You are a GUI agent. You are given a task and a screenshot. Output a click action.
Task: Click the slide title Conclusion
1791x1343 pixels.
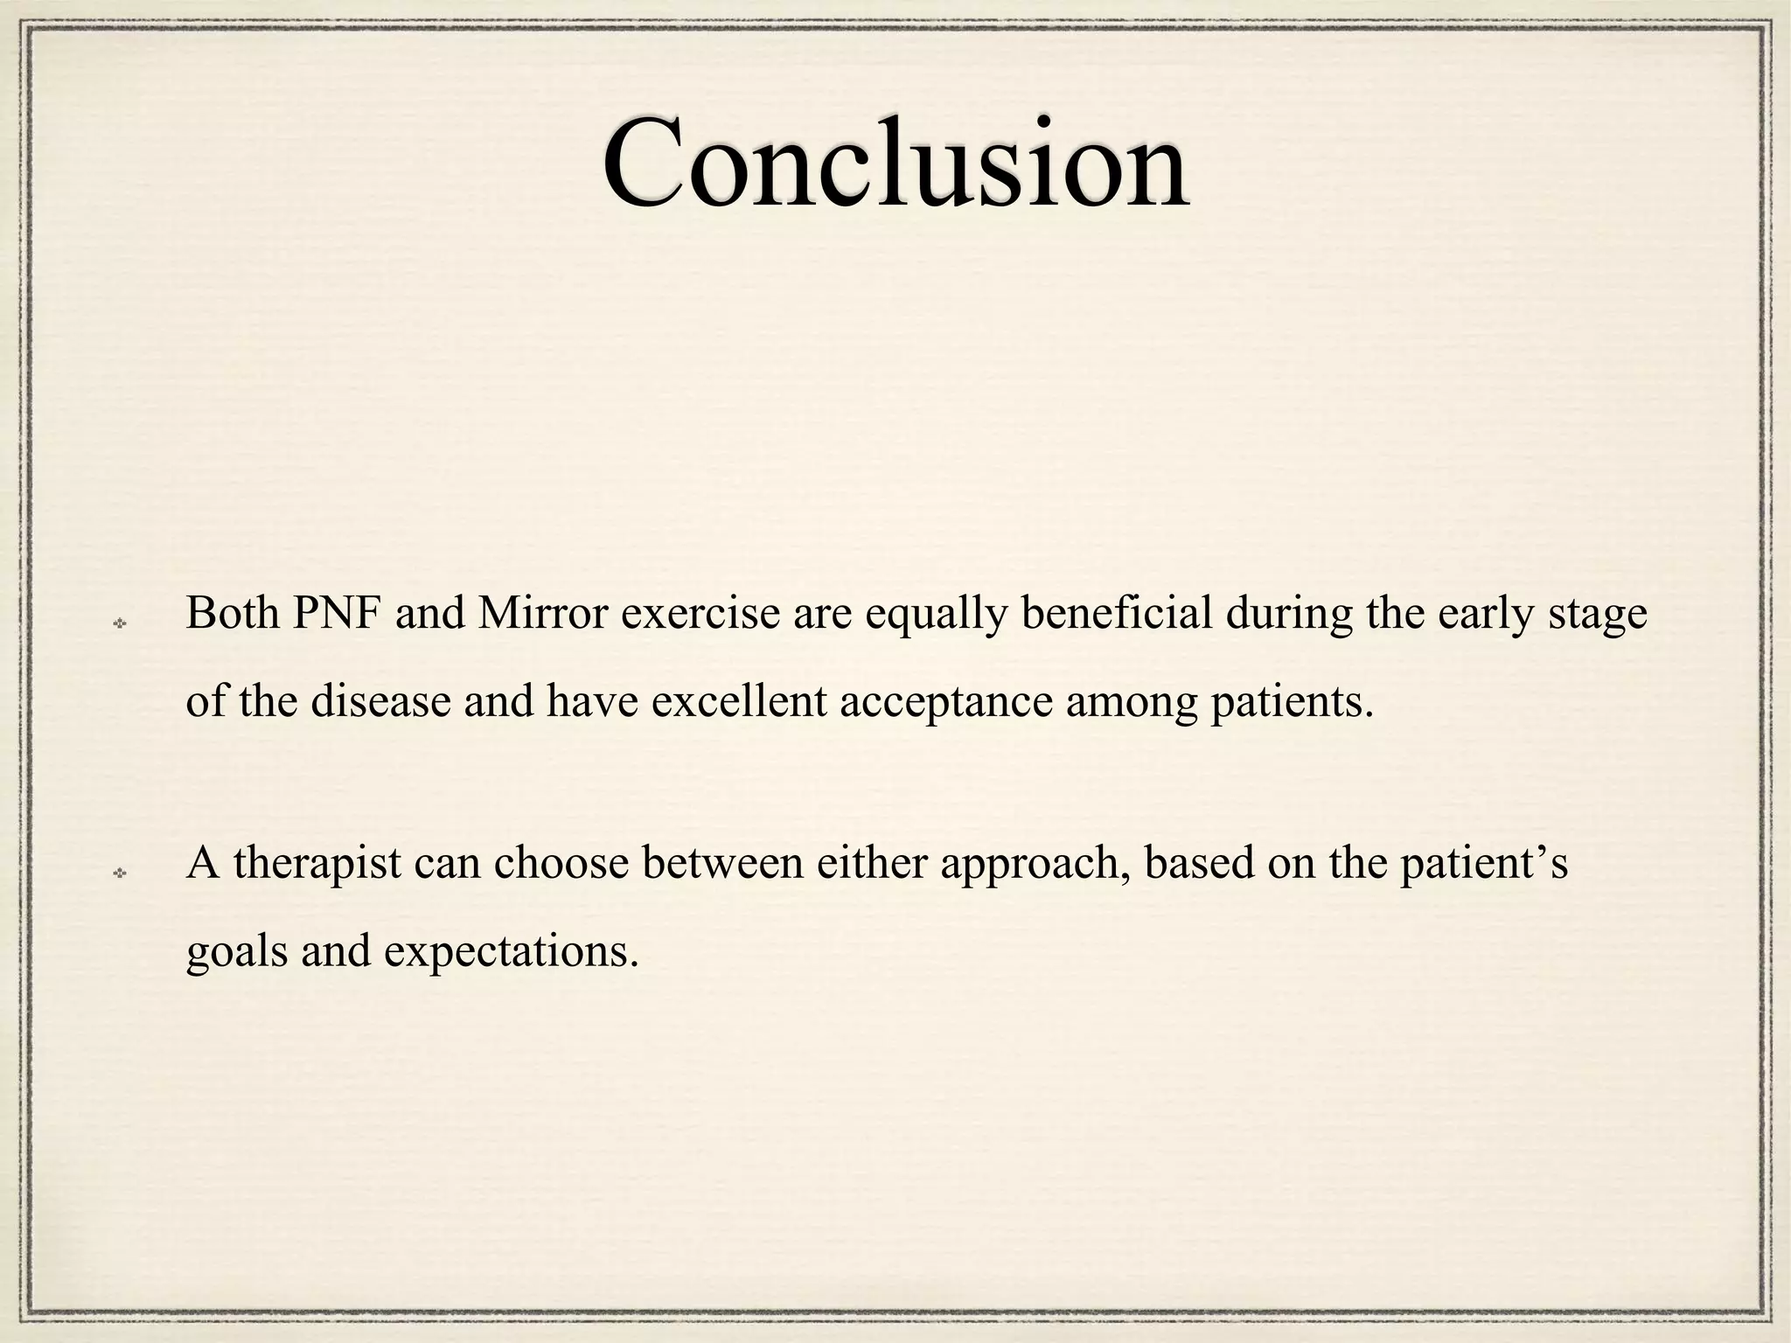click(x=895, y=164)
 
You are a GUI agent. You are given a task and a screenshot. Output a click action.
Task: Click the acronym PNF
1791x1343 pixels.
click(x=337, y=613)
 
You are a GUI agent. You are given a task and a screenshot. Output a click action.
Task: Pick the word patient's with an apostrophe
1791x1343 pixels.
click(x=1483, y=865)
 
